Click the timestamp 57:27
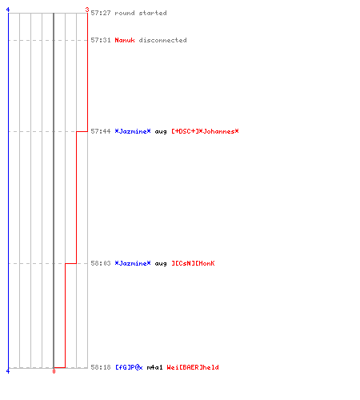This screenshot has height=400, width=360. point(101,13)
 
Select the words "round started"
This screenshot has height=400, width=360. point(141,13)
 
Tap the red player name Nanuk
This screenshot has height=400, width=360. point(125,40)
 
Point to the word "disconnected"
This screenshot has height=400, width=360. point(162,40)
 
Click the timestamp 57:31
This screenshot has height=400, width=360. point(101,40)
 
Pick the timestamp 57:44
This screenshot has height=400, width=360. point(101,131)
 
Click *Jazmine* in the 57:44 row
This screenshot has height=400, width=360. point(133,131)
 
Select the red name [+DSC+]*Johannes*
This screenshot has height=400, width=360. point(205,131)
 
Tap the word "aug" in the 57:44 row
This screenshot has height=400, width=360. point(161,131)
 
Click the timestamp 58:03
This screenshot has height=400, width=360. point(101,263)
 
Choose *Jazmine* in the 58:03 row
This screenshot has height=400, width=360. point(133,263)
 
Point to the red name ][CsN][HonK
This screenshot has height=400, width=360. point(193,263)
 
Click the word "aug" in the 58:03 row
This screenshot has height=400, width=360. point(161,263)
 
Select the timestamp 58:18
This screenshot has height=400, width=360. point(101,367)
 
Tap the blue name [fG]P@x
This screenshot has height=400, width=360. point(129,367)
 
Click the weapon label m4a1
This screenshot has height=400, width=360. point(154,367)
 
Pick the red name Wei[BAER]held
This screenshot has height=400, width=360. point(193,367)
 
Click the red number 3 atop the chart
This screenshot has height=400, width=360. point(87,10)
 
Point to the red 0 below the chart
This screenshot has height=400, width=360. point(54,371)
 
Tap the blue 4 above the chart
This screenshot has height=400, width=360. point(8,10)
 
